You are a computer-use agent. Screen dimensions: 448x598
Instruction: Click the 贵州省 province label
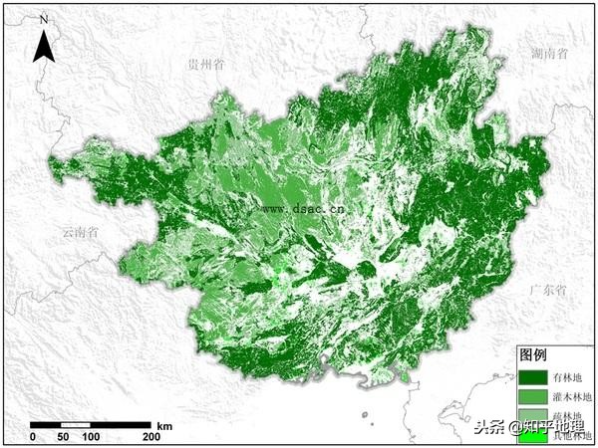(205, 63)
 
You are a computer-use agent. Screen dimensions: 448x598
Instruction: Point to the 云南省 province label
(79, 233)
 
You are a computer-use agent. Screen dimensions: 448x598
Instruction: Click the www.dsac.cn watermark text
(304, 209)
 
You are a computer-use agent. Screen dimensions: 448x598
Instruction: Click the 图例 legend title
(533, 355)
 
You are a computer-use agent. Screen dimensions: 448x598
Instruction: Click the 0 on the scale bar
(33, 437)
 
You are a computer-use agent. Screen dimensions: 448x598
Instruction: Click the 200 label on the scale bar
(151, 437)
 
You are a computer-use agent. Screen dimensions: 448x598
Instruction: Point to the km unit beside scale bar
(165, 425)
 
